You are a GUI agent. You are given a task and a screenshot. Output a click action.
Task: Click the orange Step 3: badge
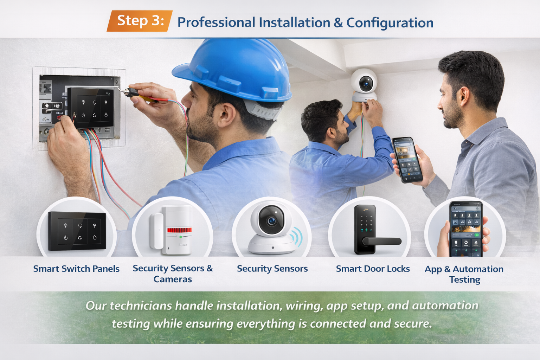(x=140, y=21)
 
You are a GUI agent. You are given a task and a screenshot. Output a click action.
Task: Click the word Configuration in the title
(x=390, y=23)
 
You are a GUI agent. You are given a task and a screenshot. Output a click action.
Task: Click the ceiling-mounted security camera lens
(x=366, y=83)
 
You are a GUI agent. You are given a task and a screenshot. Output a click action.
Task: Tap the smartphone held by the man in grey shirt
(x=407, y=160)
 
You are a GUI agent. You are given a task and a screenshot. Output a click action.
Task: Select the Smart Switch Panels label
(x=76, y=269)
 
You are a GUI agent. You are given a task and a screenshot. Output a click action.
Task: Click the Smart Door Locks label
(x=373, y=269)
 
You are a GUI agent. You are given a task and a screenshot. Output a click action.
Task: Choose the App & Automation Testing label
(x=464, y=274)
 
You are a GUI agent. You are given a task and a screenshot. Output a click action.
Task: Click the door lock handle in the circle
(x=382, y=241)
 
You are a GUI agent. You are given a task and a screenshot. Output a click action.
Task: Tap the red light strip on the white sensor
(x=179, y=230)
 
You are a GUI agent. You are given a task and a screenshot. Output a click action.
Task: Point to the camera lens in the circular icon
(x=271, y=220)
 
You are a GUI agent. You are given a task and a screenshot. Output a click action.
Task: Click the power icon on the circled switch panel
(x=66, y=238)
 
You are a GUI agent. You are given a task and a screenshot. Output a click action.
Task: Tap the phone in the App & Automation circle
(x=466, y=229)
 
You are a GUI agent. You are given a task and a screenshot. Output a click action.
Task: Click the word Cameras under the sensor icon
(x=173, y=279)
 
